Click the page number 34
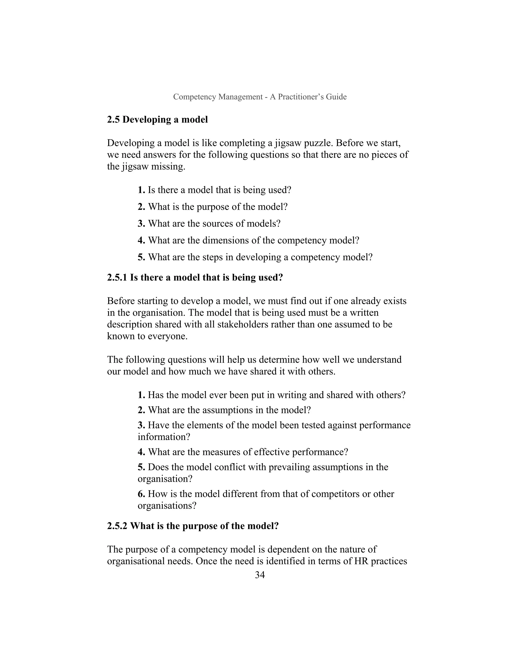coord(260,575)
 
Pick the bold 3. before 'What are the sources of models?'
coord(141,223)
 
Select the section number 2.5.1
coord(117,277)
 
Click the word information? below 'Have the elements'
coord(164,437)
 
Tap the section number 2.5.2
coord(117,526)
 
